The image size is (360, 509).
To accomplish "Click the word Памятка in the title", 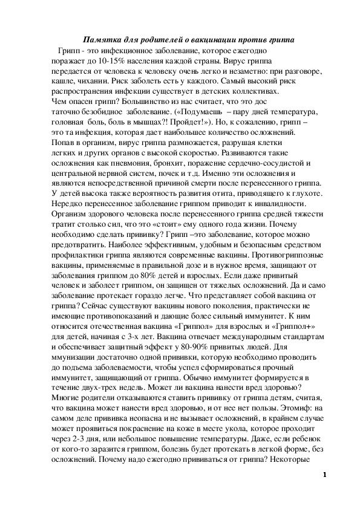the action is point(100,40).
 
